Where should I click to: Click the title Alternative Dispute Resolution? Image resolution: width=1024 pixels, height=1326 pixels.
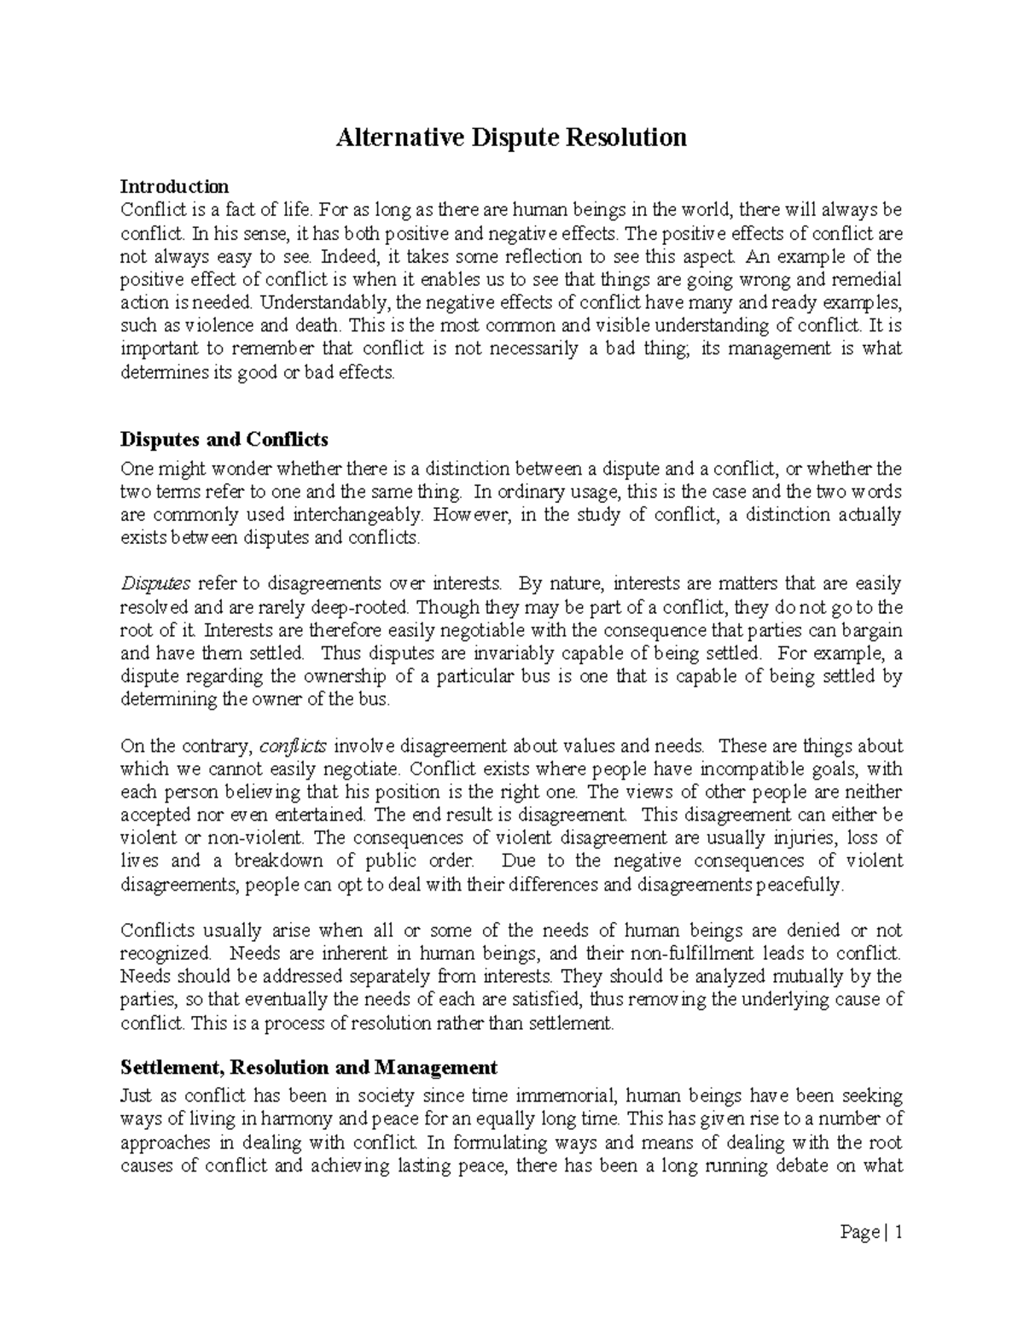pyautogui.click(x=511, y=137)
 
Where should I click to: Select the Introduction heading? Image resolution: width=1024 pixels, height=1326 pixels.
pyautogui.click(x=174, y=186)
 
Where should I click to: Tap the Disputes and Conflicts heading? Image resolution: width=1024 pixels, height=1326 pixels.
pyautogui.click(x=224, y=440)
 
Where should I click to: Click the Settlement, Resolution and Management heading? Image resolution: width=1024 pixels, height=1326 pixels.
pyautogui.click(x=309, y=1067)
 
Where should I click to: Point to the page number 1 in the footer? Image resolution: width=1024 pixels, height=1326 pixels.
pyautogui.click(x=898, y=1233)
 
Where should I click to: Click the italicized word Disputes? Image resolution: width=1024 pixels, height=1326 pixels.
pyautogui.click(x=155, y=584)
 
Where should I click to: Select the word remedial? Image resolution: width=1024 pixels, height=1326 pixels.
pyautogui.click(x=867, y=279)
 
